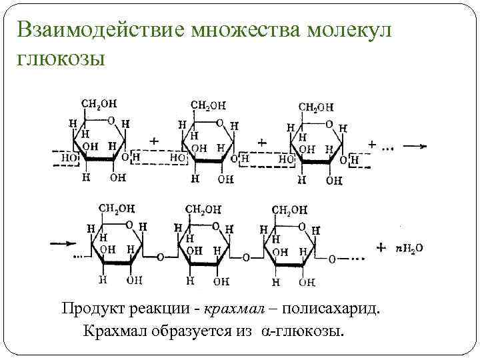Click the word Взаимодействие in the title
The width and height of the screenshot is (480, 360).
tap(97, 31)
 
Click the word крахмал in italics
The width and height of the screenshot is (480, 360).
tap(236, 309)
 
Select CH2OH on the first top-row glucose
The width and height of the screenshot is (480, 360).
tap(99, 105)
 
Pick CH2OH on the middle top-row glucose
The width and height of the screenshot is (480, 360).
tap(208, 105)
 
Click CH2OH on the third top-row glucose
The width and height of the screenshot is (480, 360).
tap(316, 106)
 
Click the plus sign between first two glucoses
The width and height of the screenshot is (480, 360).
tap(154, 141)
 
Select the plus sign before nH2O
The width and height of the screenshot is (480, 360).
tap(381, 247)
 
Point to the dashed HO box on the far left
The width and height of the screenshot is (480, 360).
tap(67, 158)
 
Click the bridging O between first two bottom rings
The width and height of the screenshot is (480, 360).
tap(160, 256)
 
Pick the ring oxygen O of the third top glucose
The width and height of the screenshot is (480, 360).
tap(328, 124)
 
